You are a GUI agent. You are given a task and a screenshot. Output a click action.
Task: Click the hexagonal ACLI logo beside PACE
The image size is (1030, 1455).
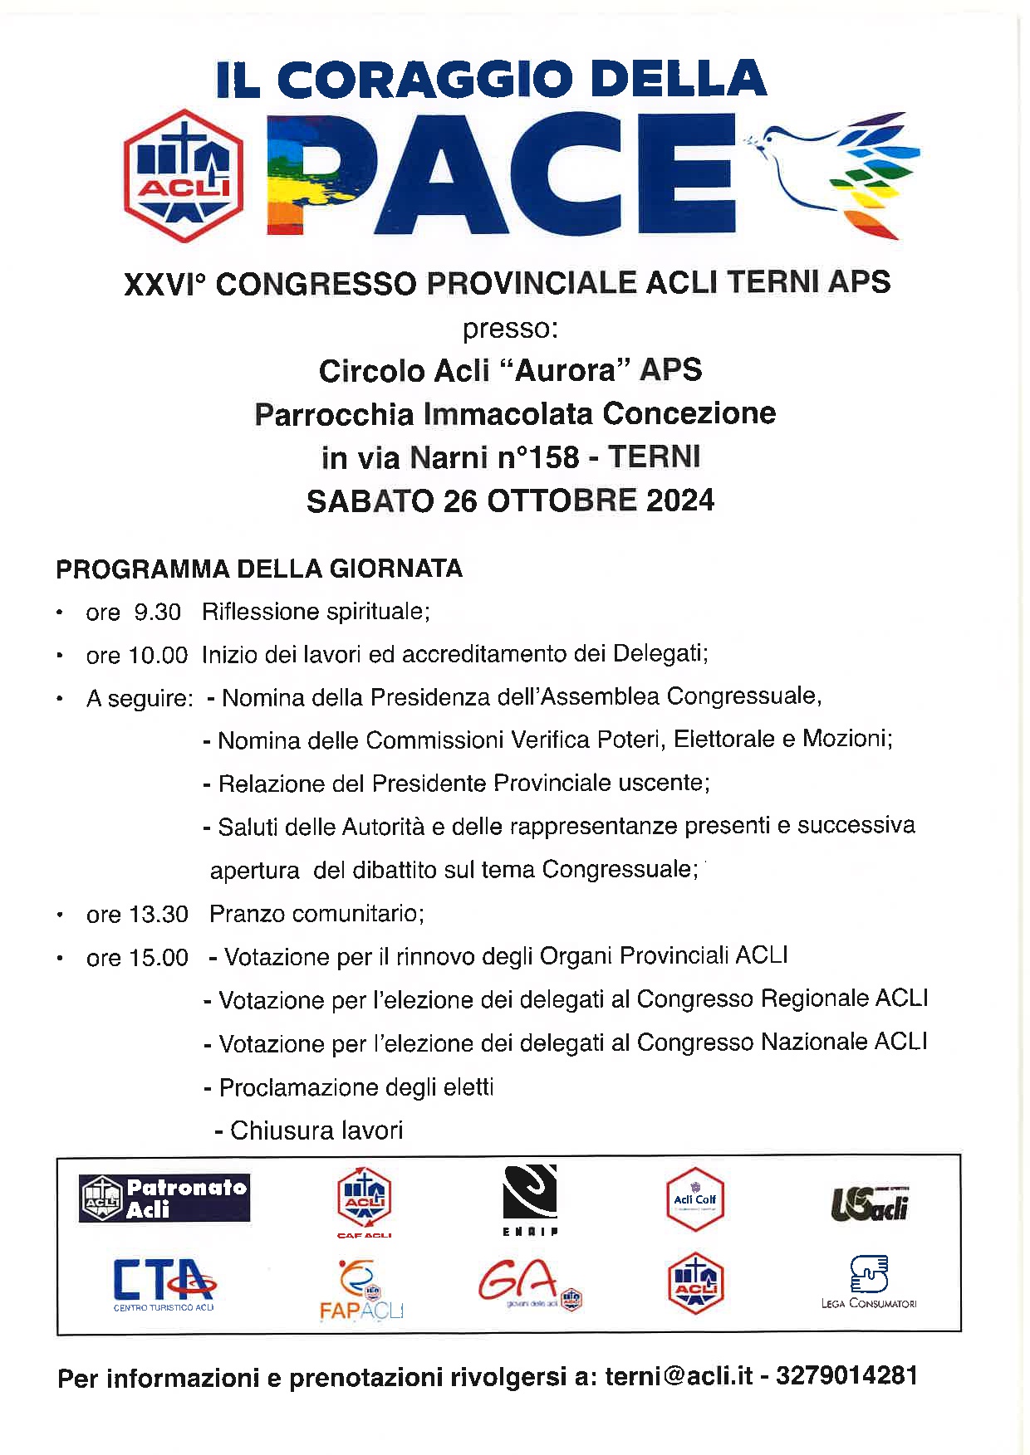click(x=183, y=176)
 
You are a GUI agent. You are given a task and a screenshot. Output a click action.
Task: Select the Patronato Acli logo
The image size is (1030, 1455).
click(x=164, y=1198)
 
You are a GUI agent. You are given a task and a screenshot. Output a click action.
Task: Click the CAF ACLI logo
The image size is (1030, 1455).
click(x=364, y=1203)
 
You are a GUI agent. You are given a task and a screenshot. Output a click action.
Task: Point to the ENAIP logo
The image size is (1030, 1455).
click(x=529, y=1199)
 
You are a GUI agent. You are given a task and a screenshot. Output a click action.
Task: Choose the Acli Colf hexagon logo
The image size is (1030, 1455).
click(x=695, y=1199)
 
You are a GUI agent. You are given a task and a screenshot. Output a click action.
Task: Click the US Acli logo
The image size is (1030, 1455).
click(x=869, y=1204)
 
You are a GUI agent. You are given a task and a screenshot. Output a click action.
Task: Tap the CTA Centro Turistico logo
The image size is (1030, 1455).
click(x=164, y=1283)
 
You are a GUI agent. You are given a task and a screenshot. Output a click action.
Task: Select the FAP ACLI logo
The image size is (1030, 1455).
click(x=362, y=1289)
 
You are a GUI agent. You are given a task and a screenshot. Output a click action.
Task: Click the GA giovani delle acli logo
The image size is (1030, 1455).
click(x=529, y=1285)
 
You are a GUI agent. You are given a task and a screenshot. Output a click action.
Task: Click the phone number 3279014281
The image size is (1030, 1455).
click(x=846, y=1376)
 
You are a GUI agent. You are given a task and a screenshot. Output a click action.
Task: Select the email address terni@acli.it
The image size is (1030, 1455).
click(x=679, y=1376)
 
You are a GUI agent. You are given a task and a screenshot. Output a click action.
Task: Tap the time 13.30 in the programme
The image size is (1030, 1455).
click(x=159, y=915)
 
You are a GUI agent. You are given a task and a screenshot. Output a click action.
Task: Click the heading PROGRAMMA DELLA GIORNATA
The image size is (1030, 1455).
click(x=259, y=569)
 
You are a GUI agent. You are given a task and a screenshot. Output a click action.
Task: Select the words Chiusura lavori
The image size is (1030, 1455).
click(x=316, y=1130)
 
